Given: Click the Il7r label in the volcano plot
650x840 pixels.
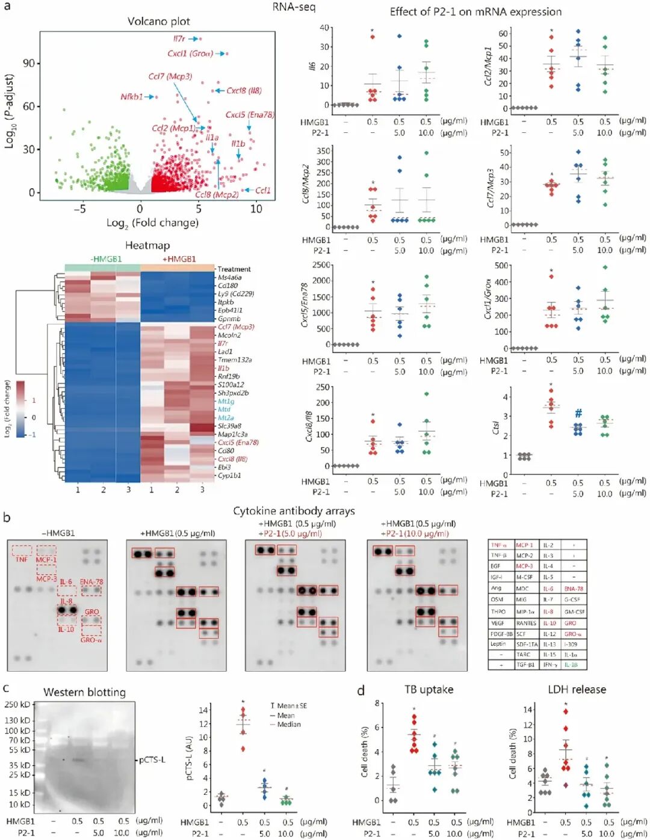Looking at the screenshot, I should tap(179, 38).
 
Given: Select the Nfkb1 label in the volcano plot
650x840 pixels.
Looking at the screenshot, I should tap(131, 97).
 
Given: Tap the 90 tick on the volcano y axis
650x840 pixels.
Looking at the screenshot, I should tap(28, 63).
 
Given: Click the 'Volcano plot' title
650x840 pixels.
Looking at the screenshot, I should tap(158, 22).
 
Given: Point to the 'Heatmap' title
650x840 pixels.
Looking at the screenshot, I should tap(147, 245).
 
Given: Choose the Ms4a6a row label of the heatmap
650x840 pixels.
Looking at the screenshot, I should tap(229, 278).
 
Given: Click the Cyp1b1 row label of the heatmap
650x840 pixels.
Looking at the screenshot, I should tap(229, 476).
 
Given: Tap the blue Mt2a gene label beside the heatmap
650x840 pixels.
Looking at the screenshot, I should tap(226, 418).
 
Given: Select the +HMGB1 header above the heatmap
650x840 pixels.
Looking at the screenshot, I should tap(179, 259).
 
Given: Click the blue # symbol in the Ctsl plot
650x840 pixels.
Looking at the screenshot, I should tap(578, 413).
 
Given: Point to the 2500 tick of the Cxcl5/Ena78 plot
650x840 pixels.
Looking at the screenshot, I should tap(321, 265).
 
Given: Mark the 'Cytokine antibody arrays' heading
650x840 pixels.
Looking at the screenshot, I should tap(294, 511).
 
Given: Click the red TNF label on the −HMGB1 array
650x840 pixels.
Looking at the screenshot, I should tap(22, 559).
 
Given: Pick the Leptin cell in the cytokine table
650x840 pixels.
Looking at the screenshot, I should tap(498, 644).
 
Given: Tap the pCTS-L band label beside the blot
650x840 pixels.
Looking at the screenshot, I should tap(152, 760).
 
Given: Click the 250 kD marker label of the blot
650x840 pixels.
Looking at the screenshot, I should tap(17, 705).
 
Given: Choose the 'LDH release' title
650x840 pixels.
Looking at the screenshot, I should tap(577, 690).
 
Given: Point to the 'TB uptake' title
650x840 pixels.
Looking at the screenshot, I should tap(429, 690).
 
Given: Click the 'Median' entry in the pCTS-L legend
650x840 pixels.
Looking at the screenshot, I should tap(289, 725).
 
